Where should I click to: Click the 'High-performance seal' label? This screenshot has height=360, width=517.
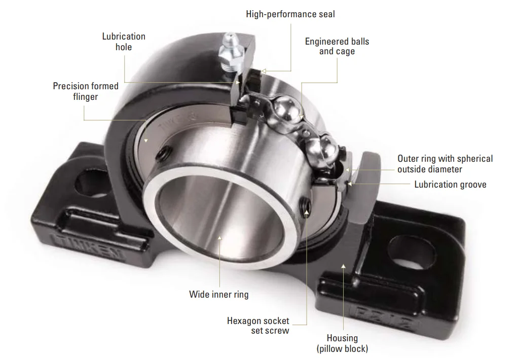[x=290, y=14]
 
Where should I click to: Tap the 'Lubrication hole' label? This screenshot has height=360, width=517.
[x=124, y=42]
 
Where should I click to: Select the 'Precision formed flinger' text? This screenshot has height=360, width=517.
[x=86, y=91]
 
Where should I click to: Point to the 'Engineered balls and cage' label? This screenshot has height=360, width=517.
[x=337, y=46]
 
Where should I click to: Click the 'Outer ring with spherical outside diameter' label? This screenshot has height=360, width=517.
[x=445, y=164]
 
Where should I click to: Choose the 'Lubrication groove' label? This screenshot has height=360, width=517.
[x=450, y=185]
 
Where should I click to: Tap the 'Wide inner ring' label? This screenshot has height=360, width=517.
[x=219, y=294]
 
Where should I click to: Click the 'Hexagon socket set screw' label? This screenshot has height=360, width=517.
[x=258, y=326]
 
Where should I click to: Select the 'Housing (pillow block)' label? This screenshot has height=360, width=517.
[x=342, y=343]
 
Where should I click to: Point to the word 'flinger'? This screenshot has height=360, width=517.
[x=86, y=96]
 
